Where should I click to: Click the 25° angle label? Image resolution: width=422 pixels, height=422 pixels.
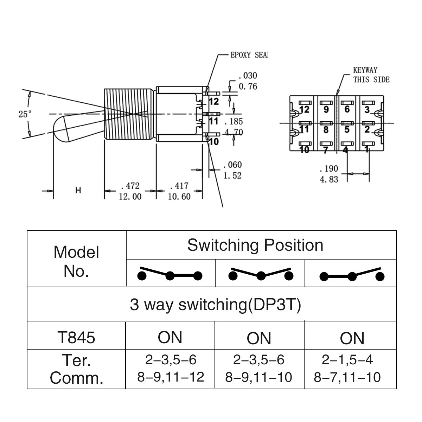(25, 114)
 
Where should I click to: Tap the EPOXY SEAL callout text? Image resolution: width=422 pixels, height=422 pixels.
(249, 55)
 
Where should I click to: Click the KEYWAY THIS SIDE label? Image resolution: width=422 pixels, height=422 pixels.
(371, 75)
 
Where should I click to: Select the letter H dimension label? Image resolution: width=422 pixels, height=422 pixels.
(78, 191)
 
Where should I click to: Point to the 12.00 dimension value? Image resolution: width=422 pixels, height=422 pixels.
(130, 197)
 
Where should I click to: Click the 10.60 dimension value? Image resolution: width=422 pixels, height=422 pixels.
(179, 197)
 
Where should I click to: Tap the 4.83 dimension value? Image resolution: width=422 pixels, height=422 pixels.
(329, 179)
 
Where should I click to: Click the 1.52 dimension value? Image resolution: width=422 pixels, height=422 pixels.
(232, 175)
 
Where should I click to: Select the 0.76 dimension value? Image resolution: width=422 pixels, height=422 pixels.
(248, 86)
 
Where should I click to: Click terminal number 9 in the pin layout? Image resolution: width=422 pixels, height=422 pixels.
(326, 109)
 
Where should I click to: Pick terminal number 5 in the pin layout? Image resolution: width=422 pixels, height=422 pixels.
(347, 129)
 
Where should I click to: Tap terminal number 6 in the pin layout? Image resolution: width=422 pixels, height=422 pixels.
(347, 109)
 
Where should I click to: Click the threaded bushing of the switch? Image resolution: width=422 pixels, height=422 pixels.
(129, 114)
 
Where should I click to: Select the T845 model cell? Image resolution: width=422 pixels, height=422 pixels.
(76, 337)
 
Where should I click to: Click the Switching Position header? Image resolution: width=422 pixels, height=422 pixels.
(255, 245)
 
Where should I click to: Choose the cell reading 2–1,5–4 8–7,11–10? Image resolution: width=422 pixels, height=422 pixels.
(347, 369)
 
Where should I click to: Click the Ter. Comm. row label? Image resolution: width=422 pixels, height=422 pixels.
(76, 369)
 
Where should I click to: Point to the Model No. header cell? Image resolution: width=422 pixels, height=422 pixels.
(76, 261)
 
